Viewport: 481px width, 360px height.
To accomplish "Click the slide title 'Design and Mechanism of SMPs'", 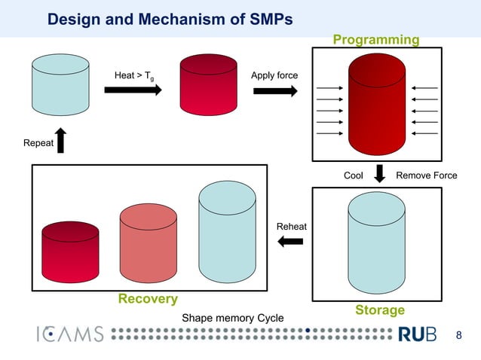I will click(170, 19).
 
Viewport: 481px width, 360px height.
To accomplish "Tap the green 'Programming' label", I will click(376, 39).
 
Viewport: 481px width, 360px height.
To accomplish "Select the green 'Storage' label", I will click(380, 310).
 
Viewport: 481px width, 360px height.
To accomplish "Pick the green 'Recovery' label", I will click(148, 299).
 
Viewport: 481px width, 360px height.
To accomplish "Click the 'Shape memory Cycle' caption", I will click(233, 318).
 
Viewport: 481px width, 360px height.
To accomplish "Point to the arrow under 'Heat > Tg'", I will click(133, 90).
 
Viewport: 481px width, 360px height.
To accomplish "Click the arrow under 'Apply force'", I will click(275, 90).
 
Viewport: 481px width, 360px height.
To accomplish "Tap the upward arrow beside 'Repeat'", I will click(61, 141).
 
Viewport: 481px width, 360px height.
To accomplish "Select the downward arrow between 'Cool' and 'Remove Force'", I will click(380, 173).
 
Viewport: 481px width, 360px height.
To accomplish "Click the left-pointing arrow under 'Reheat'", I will click(290, 241).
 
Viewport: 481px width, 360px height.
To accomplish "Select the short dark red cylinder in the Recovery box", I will click(71, 251).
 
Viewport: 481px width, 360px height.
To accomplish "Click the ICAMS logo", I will click(69, 334).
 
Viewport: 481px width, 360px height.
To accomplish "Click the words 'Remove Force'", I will click(427, 175).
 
